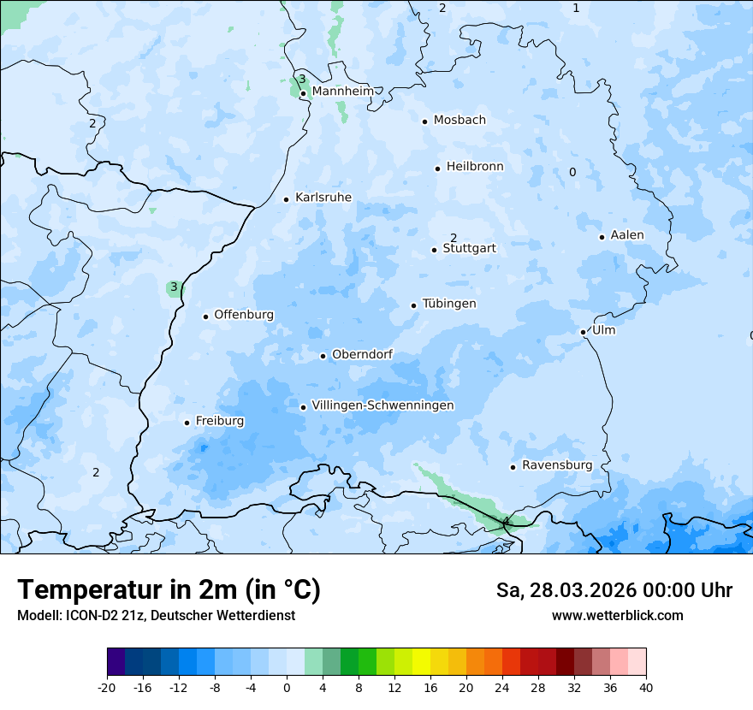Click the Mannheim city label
[x=343, y=91]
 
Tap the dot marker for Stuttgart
[x=434, y=250]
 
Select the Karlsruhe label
[x=323, y=198]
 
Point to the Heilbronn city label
[x=475, y=167]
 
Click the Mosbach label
[x=460, y=121]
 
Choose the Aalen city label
[x=627, y=235]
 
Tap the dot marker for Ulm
[x=583, y=332]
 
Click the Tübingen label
[x=449, y=304]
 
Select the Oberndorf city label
[x=362, y=354]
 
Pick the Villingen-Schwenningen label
[x=382, y=405]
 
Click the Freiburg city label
[x=219, y=421]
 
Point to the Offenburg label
[x=244, y=315]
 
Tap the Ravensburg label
[x=557, y=465]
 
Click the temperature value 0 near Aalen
[x=572, y=173]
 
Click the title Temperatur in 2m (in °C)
[x=169, y=589]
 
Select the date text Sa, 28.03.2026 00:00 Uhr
[x=614, y=590]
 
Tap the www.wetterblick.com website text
[x=617, y=616]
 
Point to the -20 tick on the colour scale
[x=107, y=687]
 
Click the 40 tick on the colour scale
[x=646, y=687]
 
